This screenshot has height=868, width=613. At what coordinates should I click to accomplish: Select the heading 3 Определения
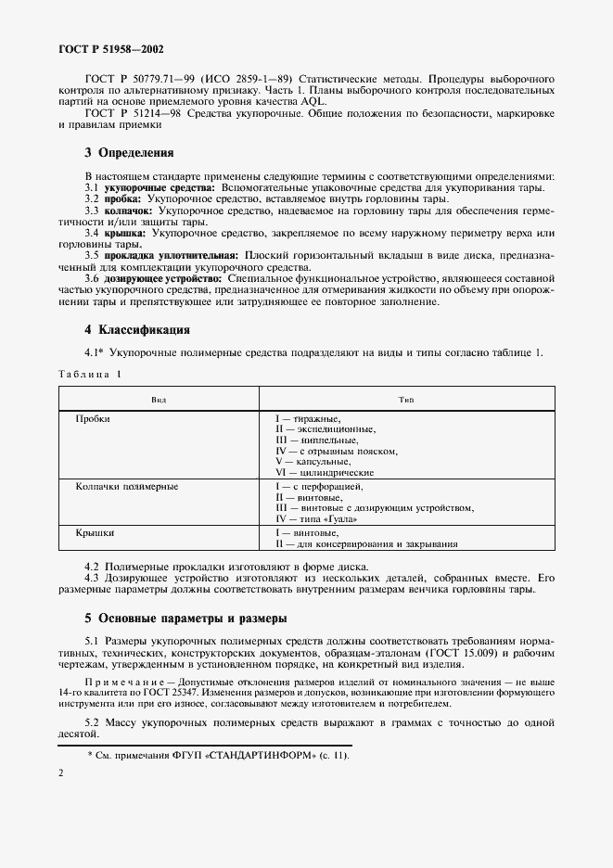tap(129, 152)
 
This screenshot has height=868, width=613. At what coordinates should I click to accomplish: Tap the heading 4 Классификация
tap(137, 329)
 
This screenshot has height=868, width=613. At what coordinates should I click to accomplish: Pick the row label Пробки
tap(93, 419)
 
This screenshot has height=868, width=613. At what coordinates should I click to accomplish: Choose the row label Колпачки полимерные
tap(127, 486)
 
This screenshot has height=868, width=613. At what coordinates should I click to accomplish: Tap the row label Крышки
tap(95, 533)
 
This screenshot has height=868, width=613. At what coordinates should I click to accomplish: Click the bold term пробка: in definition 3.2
tap(121, 199)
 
